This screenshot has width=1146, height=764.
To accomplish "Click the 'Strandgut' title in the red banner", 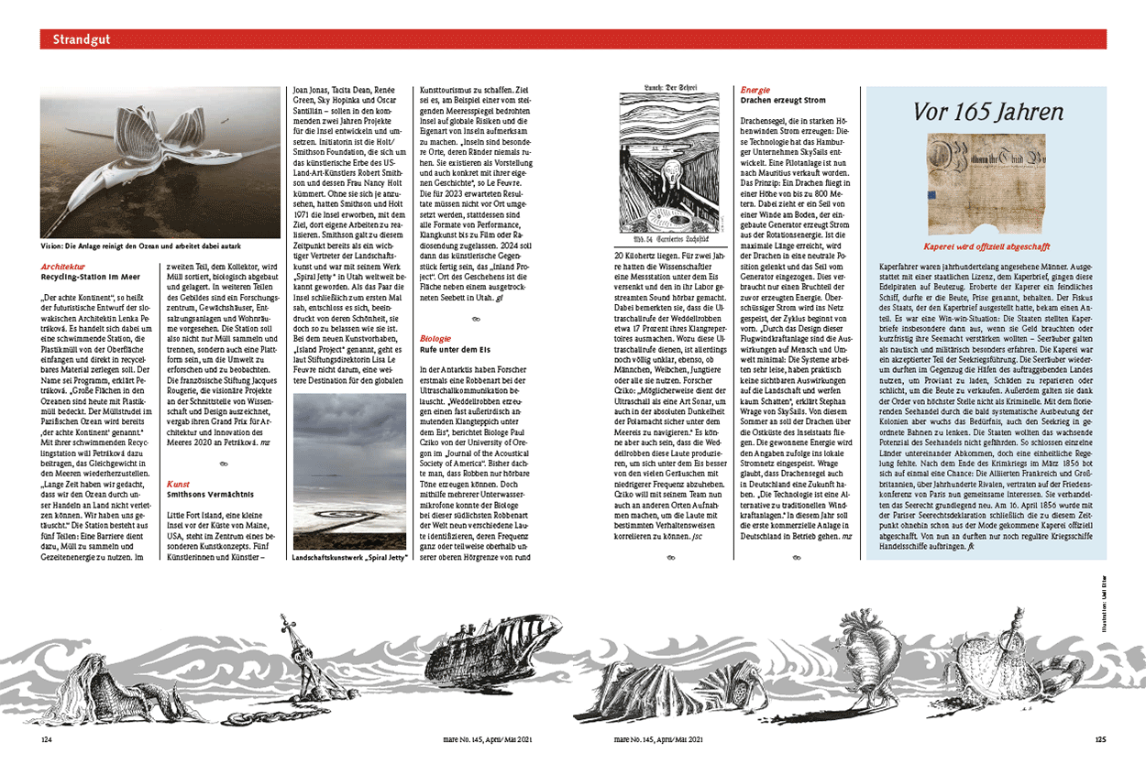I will coord(81,39).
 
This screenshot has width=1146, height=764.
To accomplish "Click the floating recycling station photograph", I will coord(160,164).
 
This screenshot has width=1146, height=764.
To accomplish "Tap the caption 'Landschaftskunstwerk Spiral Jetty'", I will coord(348,557).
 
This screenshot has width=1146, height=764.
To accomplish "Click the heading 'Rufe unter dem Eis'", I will coord(455,348).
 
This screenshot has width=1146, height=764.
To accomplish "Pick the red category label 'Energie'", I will coord(755,90).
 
